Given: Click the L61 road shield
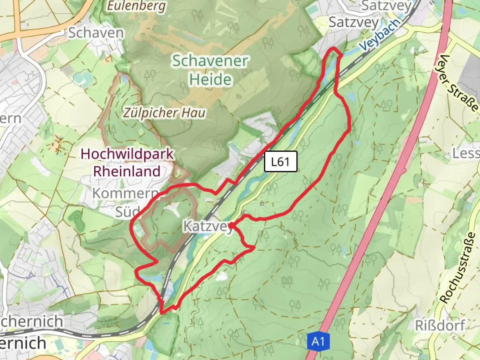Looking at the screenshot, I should coord(280,162).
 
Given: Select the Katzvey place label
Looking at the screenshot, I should coord(207,227).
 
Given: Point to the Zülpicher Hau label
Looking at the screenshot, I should coord(164,113).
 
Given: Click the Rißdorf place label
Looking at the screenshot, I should coord(440,326).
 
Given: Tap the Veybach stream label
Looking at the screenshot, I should coord(380,34).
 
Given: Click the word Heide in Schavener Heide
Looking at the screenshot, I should coord(210,80).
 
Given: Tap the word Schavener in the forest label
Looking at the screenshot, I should coord(210,61).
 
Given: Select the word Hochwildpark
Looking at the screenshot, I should coord(127,154).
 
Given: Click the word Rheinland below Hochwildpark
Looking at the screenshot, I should coord(127,171).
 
